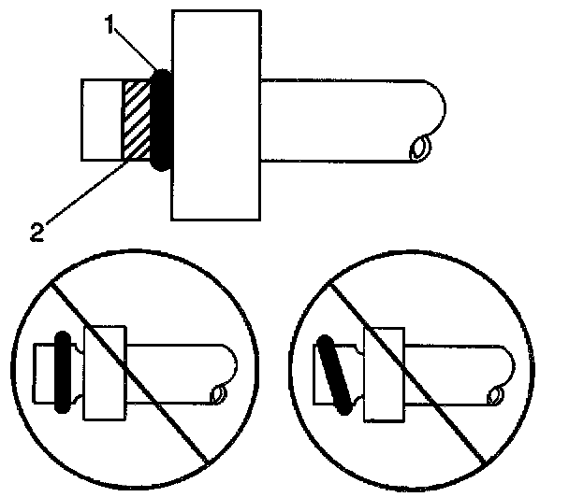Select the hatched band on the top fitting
click(137, 120)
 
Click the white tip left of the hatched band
click(102, 120)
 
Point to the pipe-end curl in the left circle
click(219, 395)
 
